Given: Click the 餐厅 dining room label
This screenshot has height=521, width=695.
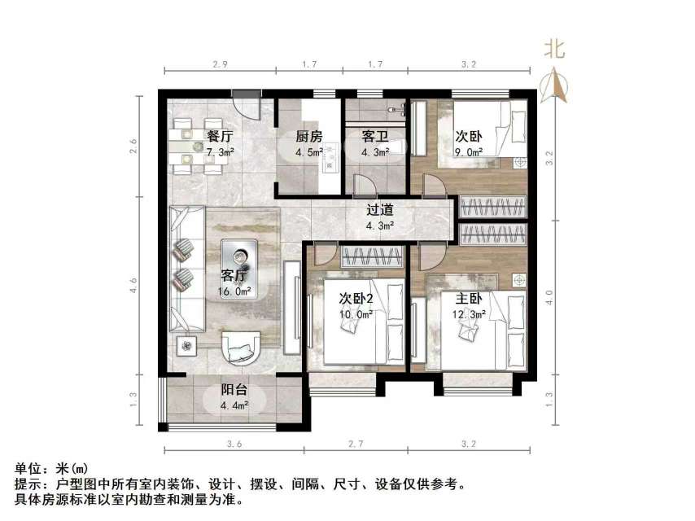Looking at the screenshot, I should pyautogui.click(x=221, y=137).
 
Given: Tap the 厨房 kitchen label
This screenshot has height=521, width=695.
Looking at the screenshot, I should pyautogui.click(x=308, y=137).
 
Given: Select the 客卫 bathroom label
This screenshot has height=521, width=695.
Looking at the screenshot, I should pyautogui.click(x=373, y=137).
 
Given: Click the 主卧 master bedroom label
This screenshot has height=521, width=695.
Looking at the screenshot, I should pyautogui.click(x=469, y=298).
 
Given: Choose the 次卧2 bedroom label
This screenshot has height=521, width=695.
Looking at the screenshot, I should pyautogui.click(x=356, y=298).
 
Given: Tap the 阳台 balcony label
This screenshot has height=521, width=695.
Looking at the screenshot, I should pyautogui.click(x=234, y=390).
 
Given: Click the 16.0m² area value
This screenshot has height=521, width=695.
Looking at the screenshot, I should pyautogui.click(x=234, y=291).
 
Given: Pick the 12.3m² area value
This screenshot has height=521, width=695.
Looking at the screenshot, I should pyautogui.click(x=470, y=313).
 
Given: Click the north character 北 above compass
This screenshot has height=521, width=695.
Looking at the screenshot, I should pyautogui.click(x=555, y=50).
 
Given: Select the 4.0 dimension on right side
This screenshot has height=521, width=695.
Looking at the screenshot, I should pyautogui.click(x=557, y=295).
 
